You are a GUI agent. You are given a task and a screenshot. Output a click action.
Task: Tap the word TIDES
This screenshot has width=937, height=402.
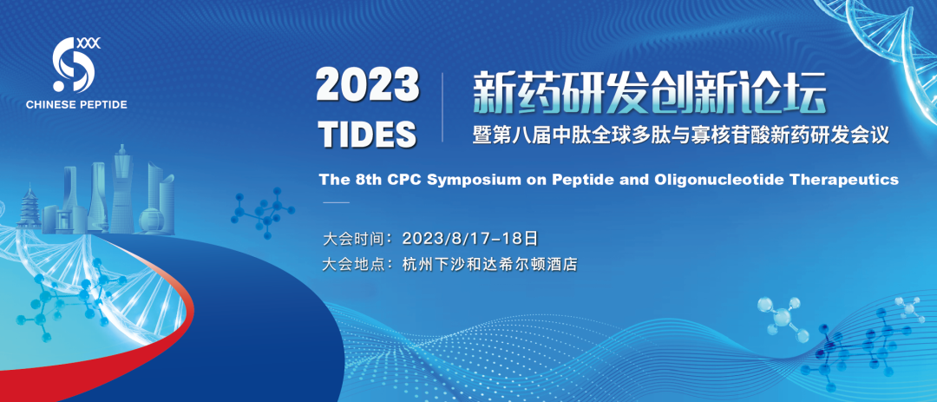tap(368, 134)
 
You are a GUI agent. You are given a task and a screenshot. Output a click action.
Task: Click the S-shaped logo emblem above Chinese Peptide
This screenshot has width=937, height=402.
tap(73, 66)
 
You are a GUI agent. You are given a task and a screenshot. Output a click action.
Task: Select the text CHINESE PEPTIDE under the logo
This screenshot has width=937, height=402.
tap(76, 105)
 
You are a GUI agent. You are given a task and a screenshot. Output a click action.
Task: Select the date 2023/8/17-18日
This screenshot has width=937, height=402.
tap(471, 238)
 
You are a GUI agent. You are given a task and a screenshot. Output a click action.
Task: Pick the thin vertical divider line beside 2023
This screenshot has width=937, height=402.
tap(442, 108)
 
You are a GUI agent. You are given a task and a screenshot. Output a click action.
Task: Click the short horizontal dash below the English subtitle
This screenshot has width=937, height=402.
tap(336, 203)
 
